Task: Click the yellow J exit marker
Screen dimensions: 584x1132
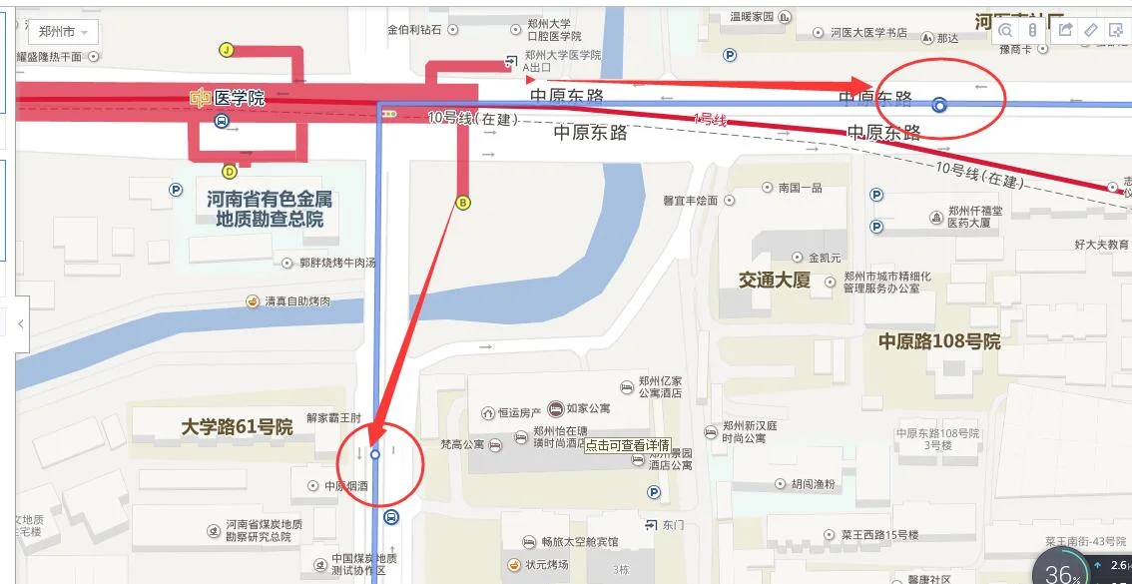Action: [x=227, y=50]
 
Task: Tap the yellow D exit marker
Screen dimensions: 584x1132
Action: [x=230, y=171]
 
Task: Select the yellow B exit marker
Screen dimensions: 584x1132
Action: [x=462, y=203]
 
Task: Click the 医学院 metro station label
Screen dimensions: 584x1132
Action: [x=229, y=97]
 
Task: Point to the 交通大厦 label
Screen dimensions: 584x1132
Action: [x=775, y=281]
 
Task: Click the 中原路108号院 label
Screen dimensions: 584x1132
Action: [x=938, y=341]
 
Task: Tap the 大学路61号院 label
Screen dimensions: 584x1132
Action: [x=237, y=427]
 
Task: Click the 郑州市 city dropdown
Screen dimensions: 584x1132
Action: [x=62, y=32]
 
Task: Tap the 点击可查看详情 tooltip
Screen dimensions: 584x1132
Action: [x=627, y=445]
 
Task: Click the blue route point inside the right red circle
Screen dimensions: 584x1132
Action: [x=938, y=104]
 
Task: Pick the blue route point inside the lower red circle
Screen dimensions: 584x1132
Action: [x=375, y=454]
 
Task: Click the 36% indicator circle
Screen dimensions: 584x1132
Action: [x=1061, y=572]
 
